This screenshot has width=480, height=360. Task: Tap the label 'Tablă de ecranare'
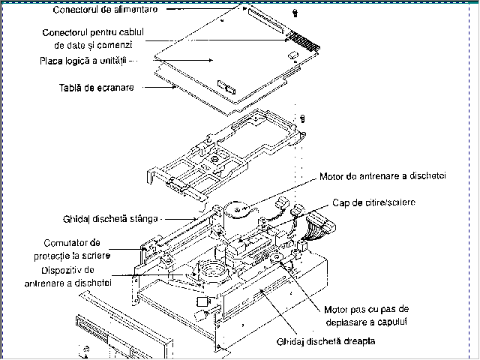[x=97, y=88]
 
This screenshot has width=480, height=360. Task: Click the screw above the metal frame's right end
[x=302, y=118]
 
